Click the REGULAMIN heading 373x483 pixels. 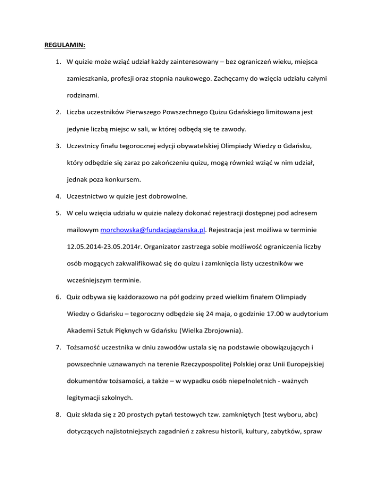[65, 46]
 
